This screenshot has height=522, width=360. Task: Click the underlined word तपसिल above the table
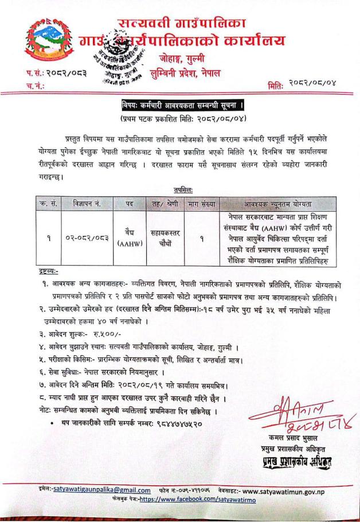tap(182, 189)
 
